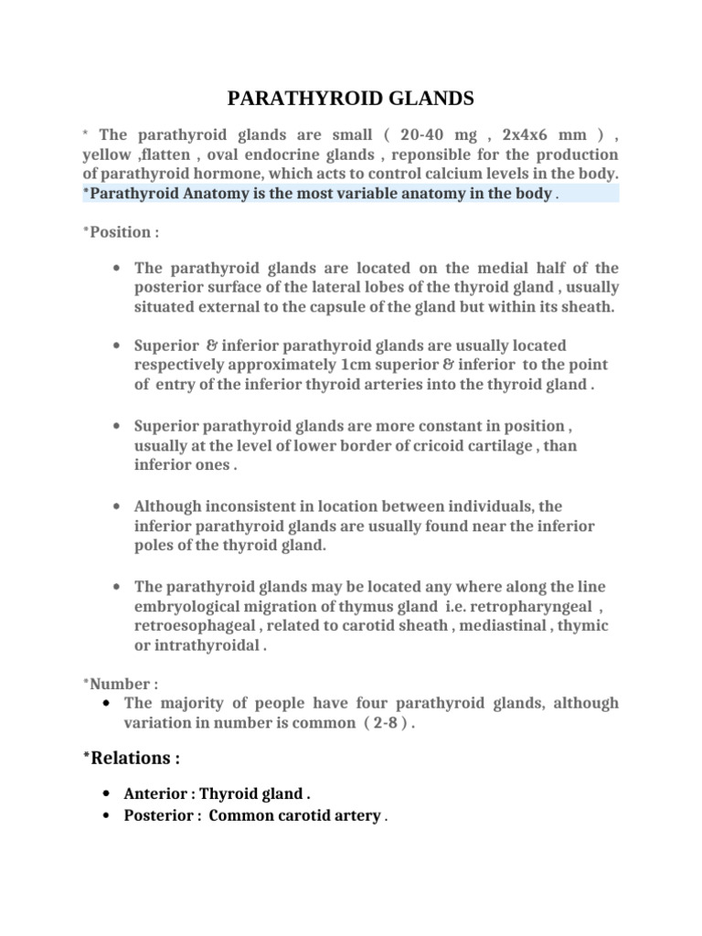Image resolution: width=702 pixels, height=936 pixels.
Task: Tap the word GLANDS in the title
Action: click(438, 99)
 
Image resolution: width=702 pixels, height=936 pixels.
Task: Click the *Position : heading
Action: click(121, 231)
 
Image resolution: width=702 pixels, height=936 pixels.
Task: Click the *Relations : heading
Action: click(131, 758)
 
